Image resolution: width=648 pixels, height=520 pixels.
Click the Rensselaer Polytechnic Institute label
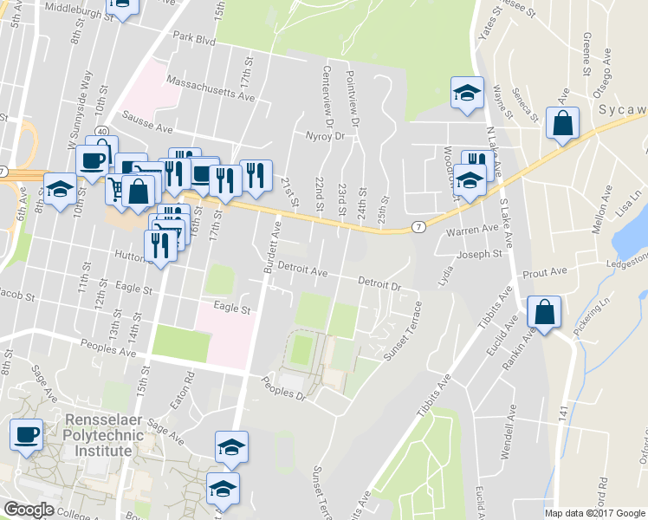[98, 435]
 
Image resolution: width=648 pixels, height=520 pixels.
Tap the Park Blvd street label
[193, 38]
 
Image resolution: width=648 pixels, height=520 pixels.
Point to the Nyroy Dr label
[326, 136]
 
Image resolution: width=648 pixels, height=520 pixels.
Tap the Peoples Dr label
[284, 387]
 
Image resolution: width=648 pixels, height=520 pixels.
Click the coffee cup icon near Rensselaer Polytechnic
[26, 433]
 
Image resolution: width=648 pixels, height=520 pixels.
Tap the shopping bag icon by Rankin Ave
[544, 313]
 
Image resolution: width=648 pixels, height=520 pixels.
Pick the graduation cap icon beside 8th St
[60, 191]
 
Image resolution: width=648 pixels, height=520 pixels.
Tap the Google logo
[29, 510]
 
